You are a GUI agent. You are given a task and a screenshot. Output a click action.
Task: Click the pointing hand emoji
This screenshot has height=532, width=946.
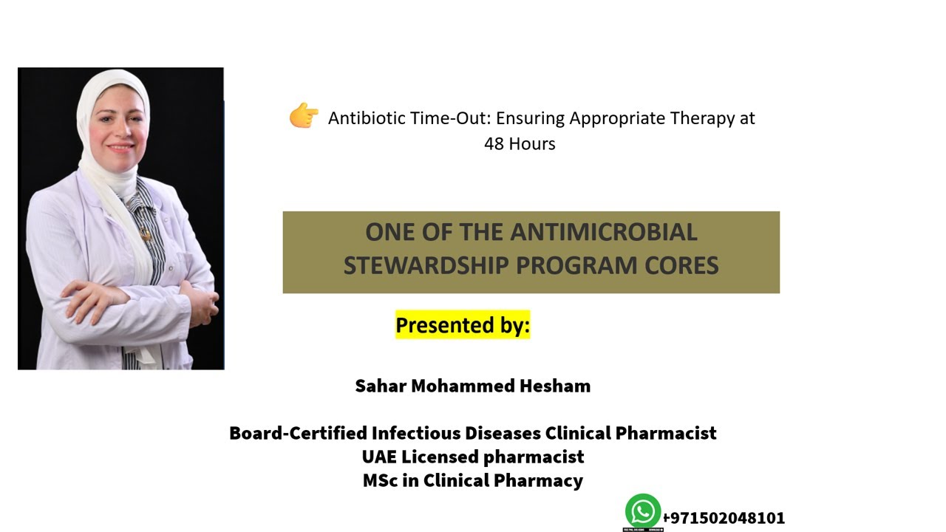303,116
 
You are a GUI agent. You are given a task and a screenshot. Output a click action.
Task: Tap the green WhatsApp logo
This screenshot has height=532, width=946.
642,511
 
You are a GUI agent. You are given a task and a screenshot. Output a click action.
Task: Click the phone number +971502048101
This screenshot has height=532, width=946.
724,518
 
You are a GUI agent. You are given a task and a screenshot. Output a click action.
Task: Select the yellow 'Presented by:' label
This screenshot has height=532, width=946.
463,325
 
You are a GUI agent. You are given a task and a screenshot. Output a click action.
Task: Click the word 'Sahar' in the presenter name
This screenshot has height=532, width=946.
381,386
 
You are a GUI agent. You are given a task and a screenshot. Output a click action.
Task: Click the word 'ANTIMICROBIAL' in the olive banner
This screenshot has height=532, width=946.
603,232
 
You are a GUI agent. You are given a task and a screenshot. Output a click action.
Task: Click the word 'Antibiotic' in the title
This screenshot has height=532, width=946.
364,118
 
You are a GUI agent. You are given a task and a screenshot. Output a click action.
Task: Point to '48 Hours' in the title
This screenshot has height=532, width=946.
520,144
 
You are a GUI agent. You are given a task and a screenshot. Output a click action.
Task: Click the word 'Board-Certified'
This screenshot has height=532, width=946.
298,433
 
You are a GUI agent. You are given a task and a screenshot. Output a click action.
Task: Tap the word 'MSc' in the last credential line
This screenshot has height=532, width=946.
380,481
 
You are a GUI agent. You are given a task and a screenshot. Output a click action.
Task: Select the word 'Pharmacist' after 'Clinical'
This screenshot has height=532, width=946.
666,433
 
